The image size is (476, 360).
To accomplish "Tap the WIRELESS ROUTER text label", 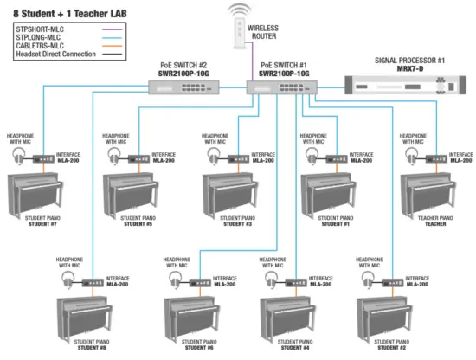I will (263, 32).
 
